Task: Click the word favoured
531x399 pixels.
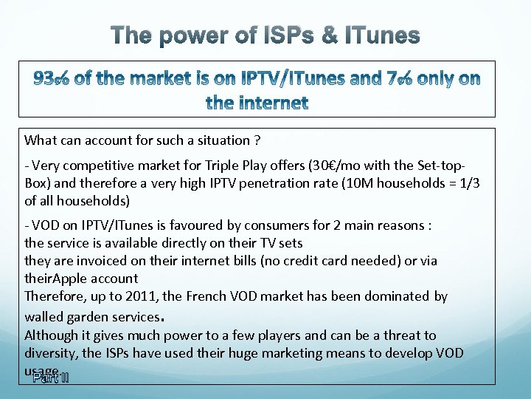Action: coord(176,225)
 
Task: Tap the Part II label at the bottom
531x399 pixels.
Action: coord(50,378)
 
